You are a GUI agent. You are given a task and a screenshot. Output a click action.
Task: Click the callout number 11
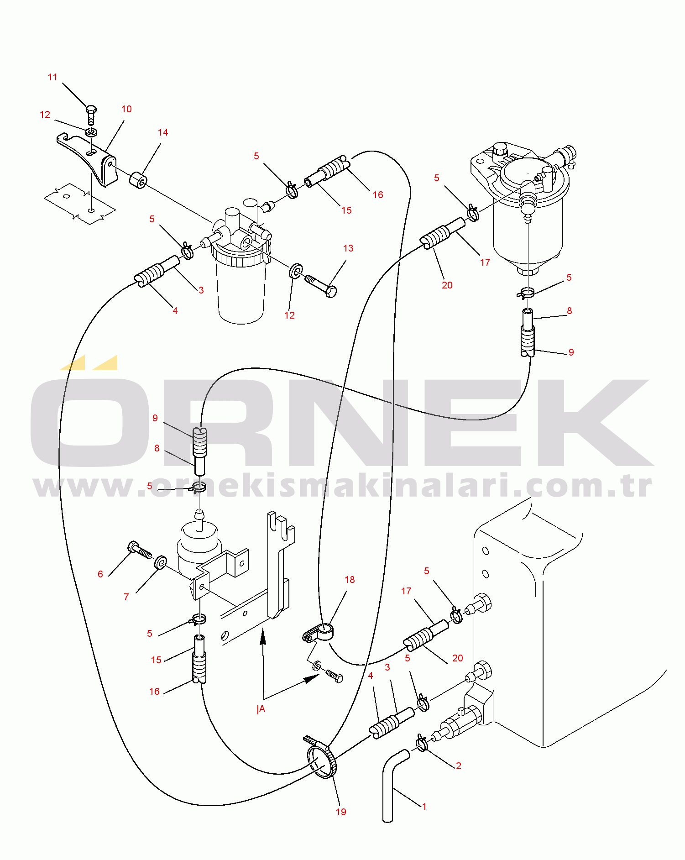pos(53,77)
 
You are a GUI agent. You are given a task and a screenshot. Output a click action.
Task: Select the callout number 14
pos(163,132)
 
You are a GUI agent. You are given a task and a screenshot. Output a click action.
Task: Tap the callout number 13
pos(348,248)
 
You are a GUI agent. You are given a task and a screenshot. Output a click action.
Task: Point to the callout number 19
pos(341,812)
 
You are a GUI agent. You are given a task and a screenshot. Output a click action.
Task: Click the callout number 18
pos(350,580)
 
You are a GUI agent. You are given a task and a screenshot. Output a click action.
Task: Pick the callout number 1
pos(424,806)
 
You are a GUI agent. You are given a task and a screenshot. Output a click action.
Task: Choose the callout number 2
pos(459,766)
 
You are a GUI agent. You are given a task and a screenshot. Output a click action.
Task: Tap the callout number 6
pos(100,574)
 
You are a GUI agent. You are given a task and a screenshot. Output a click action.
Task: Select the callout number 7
pos(126,597)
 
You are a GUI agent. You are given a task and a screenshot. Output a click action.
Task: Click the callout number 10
pos(126,109)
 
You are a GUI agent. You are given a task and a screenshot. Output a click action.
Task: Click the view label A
pos(262,709)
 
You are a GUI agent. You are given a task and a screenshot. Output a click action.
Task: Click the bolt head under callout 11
pos(91,109)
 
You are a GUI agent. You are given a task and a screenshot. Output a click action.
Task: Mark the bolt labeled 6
pos(140,550)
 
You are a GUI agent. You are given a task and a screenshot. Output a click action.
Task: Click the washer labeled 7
pos(161,562)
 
